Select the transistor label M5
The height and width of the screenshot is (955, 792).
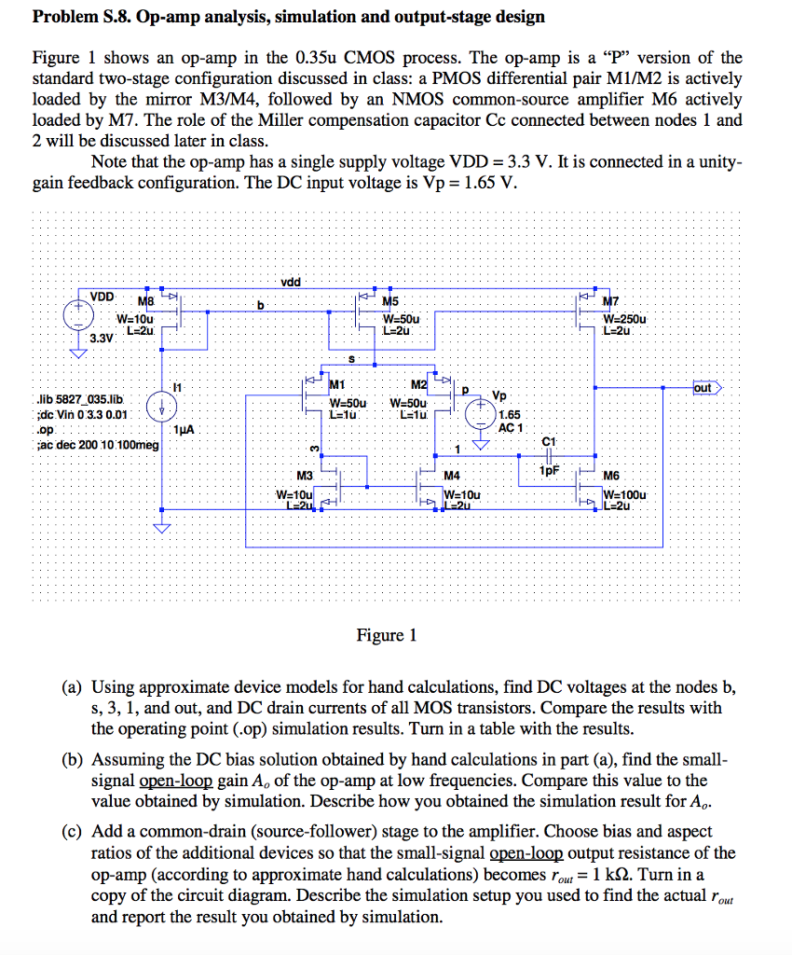[x=392, y=300]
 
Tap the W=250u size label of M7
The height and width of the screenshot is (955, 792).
[x=631, y=319]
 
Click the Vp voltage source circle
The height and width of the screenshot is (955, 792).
[x=482, y=411]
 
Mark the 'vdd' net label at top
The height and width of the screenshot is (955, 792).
[x=290, y=281]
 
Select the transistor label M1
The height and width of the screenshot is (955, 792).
[x=337, y=385]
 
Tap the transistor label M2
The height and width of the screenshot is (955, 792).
[x=419, y=385]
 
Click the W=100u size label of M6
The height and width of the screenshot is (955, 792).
[x=629, y=494]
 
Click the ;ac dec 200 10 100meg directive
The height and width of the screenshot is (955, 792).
[x=94, y=445]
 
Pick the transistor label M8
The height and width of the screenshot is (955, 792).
[x=146, y=300]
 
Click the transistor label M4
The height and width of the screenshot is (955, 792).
[x=452, y=476]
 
